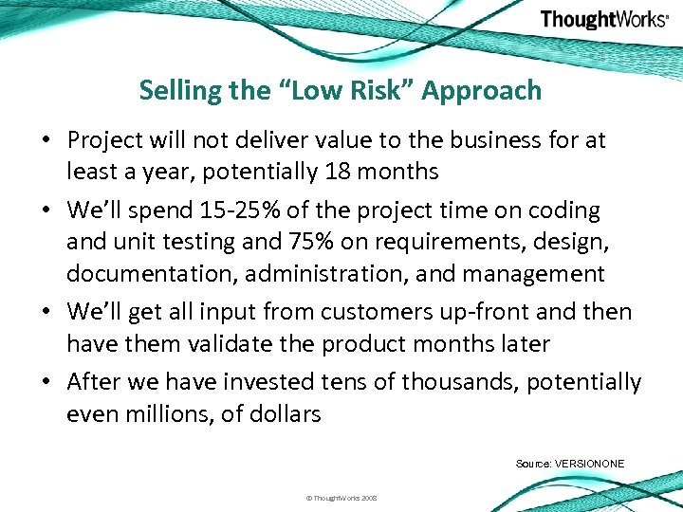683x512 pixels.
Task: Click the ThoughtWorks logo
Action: (603, 20)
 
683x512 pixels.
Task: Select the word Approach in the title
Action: (482, 91)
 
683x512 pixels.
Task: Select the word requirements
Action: (413, 243)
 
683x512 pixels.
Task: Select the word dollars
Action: (282, 413)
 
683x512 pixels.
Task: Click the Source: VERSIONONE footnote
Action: (570, 463)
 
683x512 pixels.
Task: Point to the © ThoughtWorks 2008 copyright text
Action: (341, 497)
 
